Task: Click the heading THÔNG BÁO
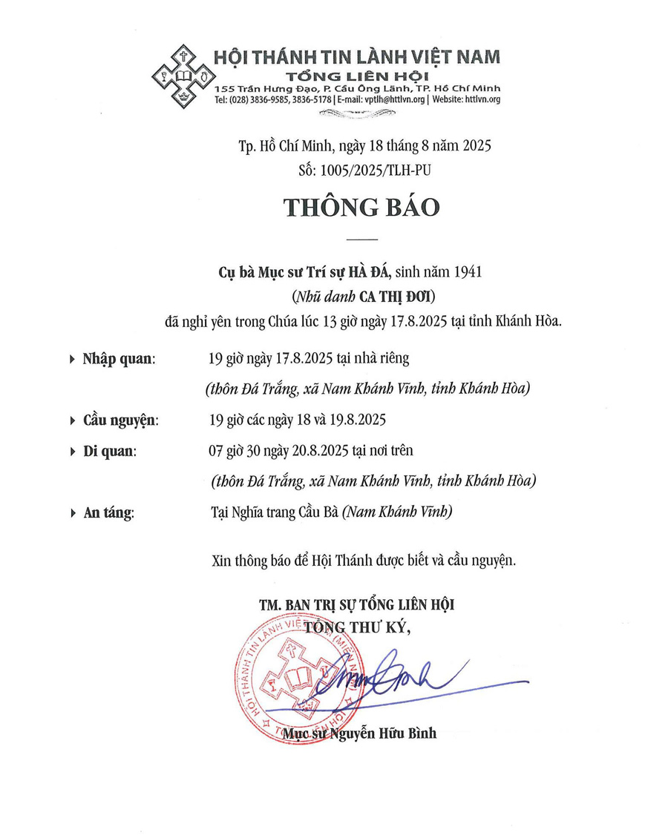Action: [x=361, y=207]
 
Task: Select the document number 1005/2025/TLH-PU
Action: [x=375, y=170]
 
